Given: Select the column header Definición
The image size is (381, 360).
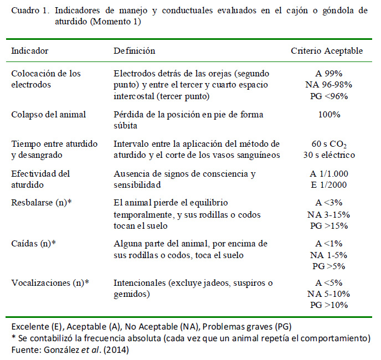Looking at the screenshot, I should [134, 51].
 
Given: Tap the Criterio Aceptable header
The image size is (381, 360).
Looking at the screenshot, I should [327, 51].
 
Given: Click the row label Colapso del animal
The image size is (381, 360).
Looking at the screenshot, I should [49, 115].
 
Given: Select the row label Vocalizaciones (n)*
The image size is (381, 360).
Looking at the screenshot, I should [50, 283].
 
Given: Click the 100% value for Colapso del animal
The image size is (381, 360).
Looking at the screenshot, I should [329, 115].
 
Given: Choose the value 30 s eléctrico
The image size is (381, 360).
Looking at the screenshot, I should [329, 155].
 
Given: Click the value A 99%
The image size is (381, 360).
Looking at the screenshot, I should [329, 74].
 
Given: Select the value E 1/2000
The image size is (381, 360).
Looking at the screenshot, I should [329, 184].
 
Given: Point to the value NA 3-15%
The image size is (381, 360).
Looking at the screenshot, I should [329, 213].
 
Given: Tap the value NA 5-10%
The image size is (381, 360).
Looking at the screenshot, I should [329, 294].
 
